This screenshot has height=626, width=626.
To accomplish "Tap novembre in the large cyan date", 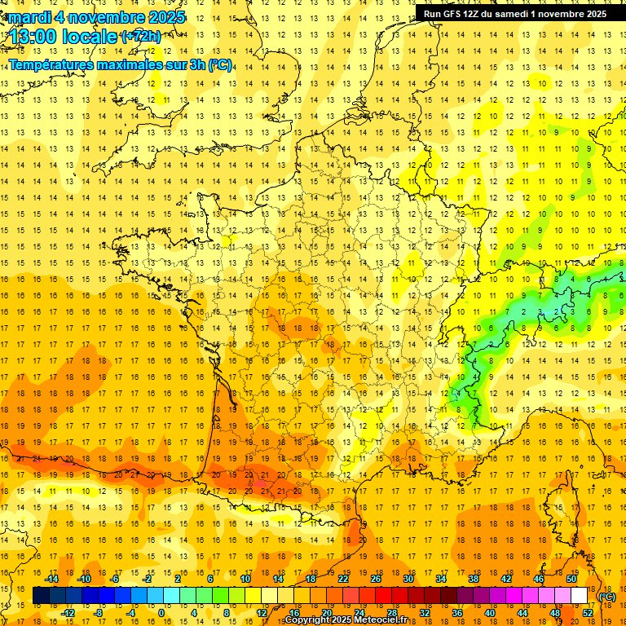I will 107,17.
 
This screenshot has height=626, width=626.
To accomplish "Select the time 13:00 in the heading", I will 33,37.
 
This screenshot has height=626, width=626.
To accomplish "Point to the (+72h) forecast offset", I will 141,36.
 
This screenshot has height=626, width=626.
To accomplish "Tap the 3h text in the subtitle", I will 198,64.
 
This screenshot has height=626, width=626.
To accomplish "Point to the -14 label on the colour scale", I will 52,579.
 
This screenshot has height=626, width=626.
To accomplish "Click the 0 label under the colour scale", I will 161,613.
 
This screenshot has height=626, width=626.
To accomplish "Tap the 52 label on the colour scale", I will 588,613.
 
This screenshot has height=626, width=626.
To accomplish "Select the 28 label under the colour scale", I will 391,613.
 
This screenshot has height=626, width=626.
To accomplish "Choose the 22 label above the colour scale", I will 343,579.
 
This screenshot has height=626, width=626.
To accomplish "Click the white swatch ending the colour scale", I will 579,596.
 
